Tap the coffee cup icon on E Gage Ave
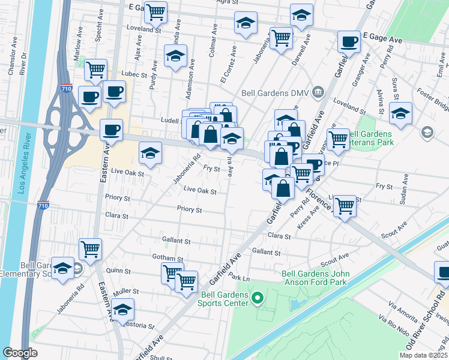[x=349, y=42]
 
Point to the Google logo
[x=20, y=352]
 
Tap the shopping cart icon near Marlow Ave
[x=95, y=70]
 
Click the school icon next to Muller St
[x=123, y=310]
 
